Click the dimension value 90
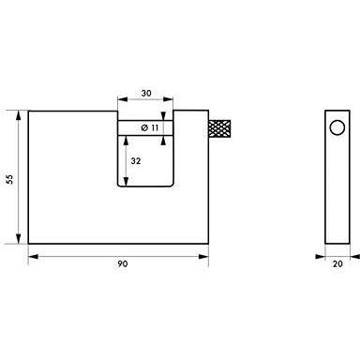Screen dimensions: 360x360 click(123, 264)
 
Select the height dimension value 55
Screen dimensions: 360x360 click(10, 179)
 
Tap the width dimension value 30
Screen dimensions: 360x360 click(146, 93)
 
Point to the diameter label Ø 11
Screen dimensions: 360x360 click(150, 127)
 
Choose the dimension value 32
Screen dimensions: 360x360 click(136, 161)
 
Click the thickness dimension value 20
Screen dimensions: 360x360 click(337, 264)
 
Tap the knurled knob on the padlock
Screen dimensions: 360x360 click(219, 128)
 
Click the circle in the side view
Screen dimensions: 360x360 click(337, 127)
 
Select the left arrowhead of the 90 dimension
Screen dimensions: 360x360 click(33, 257)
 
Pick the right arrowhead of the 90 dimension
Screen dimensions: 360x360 click(203, 257)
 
